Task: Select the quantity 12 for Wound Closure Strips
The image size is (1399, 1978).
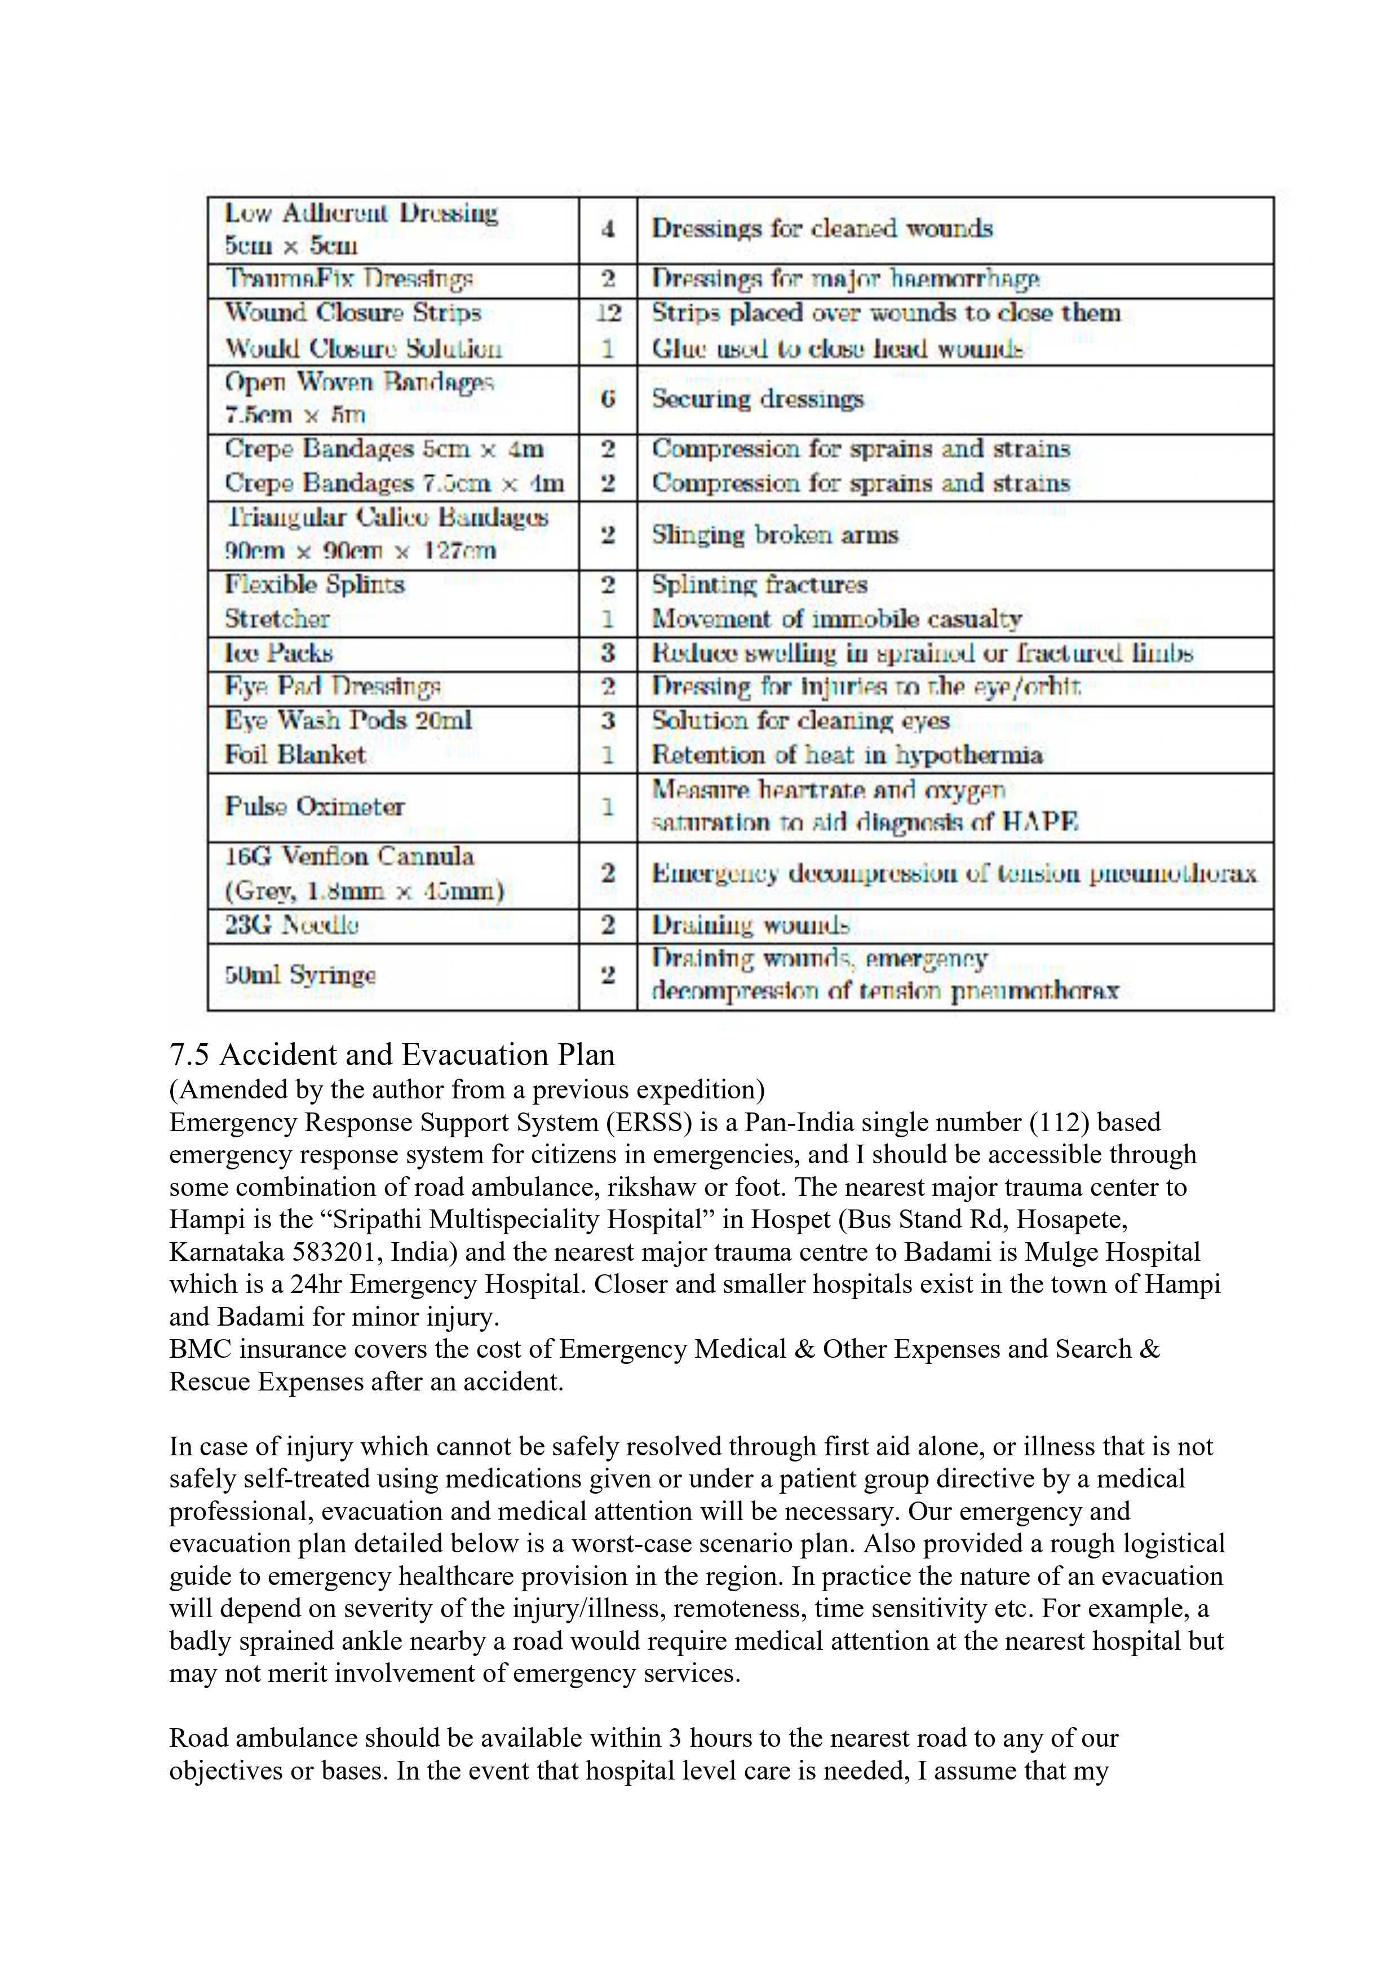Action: tap(608, 313)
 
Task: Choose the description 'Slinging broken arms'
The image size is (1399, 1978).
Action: tap(774, 535)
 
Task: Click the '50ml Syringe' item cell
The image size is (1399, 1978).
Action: tap(300, 975)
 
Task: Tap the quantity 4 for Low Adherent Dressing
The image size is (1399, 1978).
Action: tap(608, 229)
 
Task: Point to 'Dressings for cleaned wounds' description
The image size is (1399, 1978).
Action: tap(822, 229)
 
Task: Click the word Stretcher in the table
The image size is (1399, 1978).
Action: tap(277, 619)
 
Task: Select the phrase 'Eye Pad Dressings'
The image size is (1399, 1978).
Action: tap(333, 687)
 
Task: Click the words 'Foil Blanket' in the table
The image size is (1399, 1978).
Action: tap(295, 754)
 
